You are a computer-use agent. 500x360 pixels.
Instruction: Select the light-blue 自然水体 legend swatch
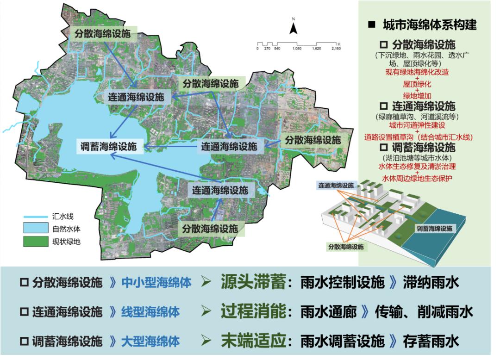(36, 228)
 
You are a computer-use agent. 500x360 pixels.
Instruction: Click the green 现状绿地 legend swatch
(36, 241)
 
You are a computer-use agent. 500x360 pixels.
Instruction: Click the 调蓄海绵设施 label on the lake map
(109, 147)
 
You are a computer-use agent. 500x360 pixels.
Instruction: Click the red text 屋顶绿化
(417, 84)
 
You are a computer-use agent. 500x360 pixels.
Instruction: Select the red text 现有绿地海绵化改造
(417, 73)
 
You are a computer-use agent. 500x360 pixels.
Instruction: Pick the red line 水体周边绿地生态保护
(417, 178)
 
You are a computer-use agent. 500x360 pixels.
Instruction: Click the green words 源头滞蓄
(253, 282)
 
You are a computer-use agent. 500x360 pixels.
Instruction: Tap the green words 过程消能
(253, 311)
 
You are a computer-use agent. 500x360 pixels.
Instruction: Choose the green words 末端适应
(253, 341)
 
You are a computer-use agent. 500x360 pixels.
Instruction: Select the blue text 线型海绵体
(150, 312)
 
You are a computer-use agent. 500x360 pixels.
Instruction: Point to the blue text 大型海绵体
(150, 341)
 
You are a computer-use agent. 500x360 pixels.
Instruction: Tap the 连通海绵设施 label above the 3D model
(335, 186)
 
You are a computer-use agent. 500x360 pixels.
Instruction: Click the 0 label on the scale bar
(257, 48)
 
